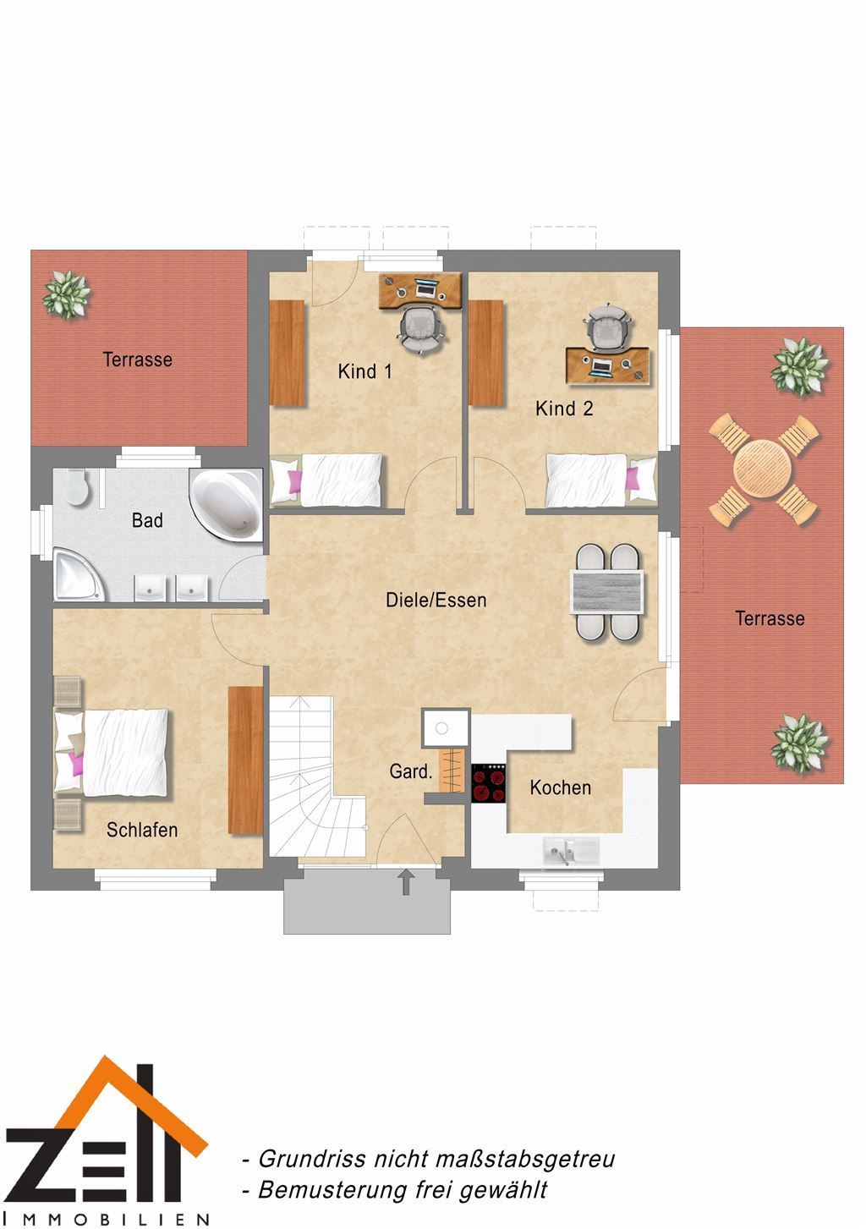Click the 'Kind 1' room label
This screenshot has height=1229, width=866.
364,371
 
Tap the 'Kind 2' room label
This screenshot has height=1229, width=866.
564,409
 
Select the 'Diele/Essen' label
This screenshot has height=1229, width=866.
436,600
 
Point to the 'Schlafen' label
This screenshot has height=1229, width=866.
142,830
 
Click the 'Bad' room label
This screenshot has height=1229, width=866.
147,520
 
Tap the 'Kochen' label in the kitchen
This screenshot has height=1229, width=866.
560,787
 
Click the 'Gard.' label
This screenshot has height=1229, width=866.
411,772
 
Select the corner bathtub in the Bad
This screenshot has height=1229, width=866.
226,503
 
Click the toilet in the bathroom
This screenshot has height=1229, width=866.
75,486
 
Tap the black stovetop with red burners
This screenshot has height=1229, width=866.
489,783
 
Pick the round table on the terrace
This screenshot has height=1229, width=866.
763,471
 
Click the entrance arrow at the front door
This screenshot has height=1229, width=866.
406,881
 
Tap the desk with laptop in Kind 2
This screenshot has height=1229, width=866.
608,365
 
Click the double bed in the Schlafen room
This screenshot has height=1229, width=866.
112,752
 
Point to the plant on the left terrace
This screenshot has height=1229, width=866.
67,294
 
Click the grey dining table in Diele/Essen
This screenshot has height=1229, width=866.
607,592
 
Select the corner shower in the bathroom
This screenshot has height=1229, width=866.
79,576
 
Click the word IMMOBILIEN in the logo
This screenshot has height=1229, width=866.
107,1219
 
